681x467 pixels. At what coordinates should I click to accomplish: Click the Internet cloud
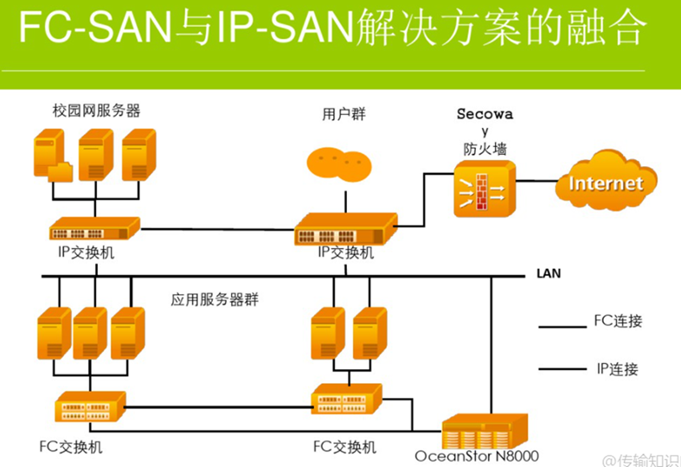[605, 183]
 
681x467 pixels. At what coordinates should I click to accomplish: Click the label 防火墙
[485, 148]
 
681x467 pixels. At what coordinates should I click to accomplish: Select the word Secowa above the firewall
[485, 114]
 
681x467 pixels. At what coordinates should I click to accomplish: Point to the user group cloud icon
[339, 163]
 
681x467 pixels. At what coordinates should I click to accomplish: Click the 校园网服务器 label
[96, 111]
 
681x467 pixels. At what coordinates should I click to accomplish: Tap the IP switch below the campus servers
[93, 228]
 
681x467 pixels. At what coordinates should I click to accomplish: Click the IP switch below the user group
[344, 230]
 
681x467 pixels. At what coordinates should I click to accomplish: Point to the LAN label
[549, 274]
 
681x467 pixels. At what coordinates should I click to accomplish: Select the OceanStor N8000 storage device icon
[484, 430]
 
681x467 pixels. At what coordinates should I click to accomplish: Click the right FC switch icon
[346, 399]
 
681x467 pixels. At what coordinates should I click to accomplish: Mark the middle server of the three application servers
[89, 333]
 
